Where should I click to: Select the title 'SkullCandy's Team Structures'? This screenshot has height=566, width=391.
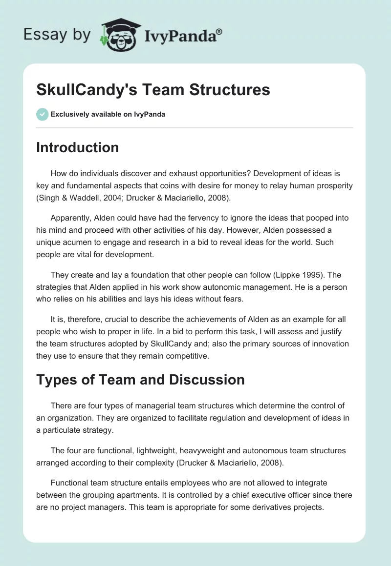(153, 90)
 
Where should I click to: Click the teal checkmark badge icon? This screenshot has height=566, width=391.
(42, 114)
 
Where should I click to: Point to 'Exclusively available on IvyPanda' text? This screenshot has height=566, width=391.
(108, 114)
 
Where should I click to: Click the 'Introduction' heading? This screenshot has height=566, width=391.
(77, 147)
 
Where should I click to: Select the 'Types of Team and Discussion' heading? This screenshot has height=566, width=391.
(140, 379)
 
